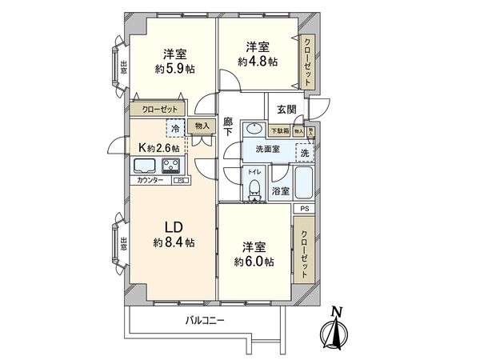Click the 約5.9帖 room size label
point(174,69)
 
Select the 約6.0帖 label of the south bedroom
point(255,262)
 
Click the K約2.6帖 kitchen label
point(160,147)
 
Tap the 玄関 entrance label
point(286,110)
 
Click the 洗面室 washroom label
point(267,150)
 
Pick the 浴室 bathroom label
point(280,191)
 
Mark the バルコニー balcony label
point(205,321)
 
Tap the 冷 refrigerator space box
point(174,127)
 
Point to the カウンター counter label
point(150,181)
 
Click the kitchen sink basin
point(144,166)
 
